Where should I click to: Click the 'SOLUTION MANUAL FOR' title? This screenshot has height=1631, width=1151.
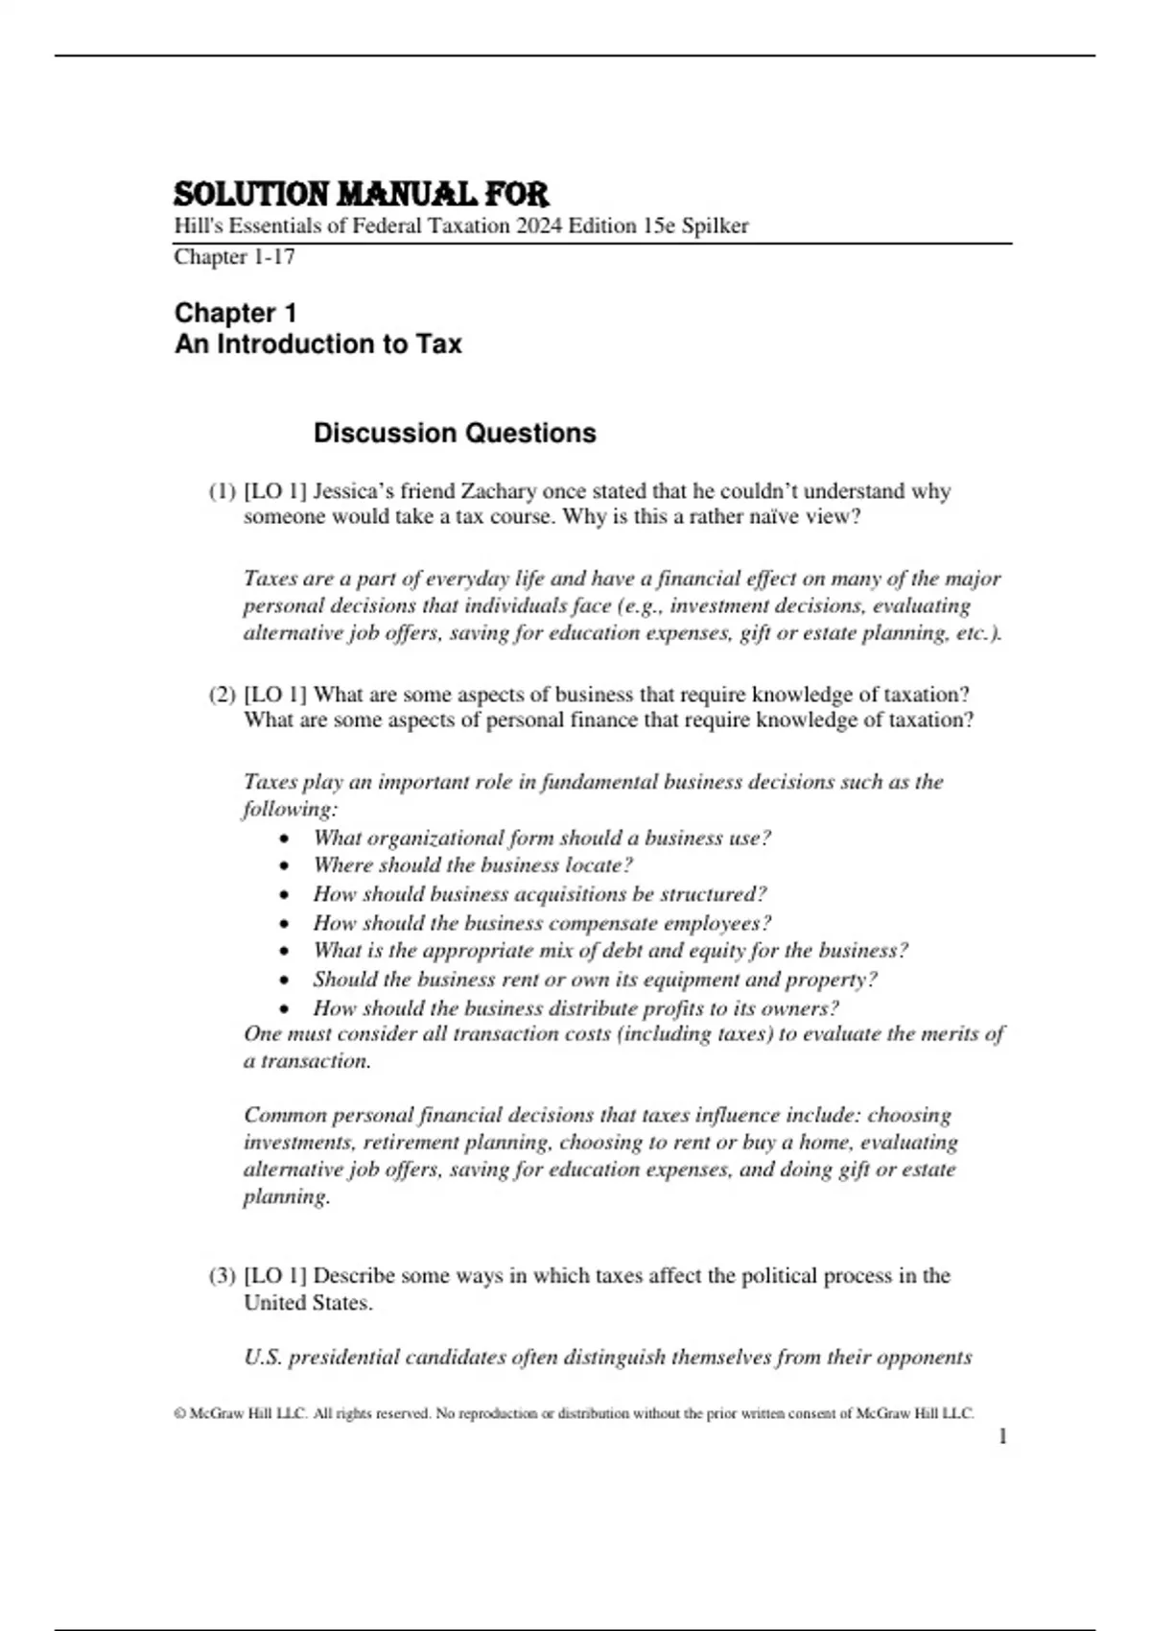point(361,195)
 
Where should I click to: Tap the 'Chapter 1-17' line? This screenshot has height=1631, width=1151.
point(234,257)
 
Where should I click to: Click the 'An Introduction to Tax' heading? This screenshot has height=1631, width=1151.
point(317,344)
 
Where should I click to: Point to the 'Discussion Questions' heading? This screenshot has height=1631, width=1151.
point(455,434)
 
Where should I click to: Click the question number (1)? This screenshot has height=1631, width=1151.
point(222,492)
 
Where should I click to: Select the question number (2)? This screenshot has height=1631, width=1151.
point(222,696)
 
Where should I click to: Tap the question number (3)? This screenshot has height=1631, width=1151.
point(222,1276)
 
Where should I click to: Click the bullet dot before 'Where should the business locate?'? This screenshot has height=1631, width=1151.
point(284,866)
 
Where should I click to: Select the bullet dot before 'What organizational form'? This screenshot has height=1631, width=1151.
point(284,839)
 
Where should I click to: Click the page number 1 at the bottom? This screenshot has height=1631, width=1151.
point(1002,1436)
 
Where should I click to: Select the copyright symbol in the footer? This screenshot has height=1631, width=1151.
point(179,1413)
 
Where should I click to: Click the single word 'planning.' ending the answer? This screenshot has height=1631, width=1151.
point(287,1196)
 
